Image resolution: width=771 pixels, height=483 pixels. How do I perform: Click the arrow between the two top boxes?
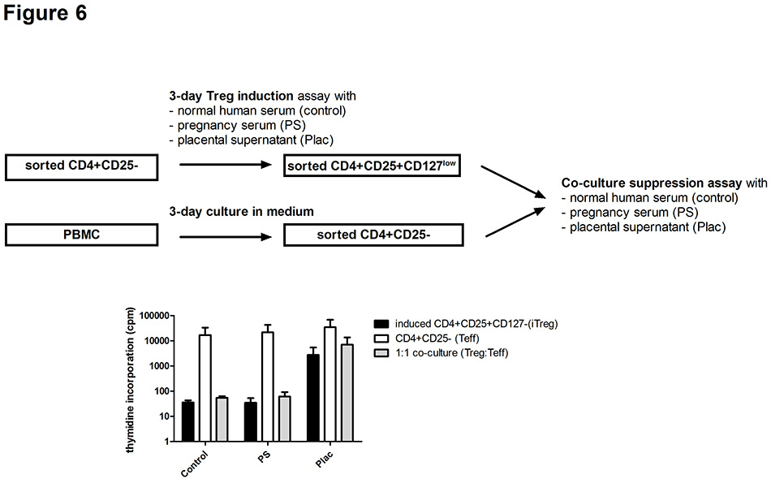click(x=225, y=166)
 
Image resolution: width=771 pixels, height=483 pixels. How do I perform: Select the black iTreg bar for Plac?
click(x=312, y=398)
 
